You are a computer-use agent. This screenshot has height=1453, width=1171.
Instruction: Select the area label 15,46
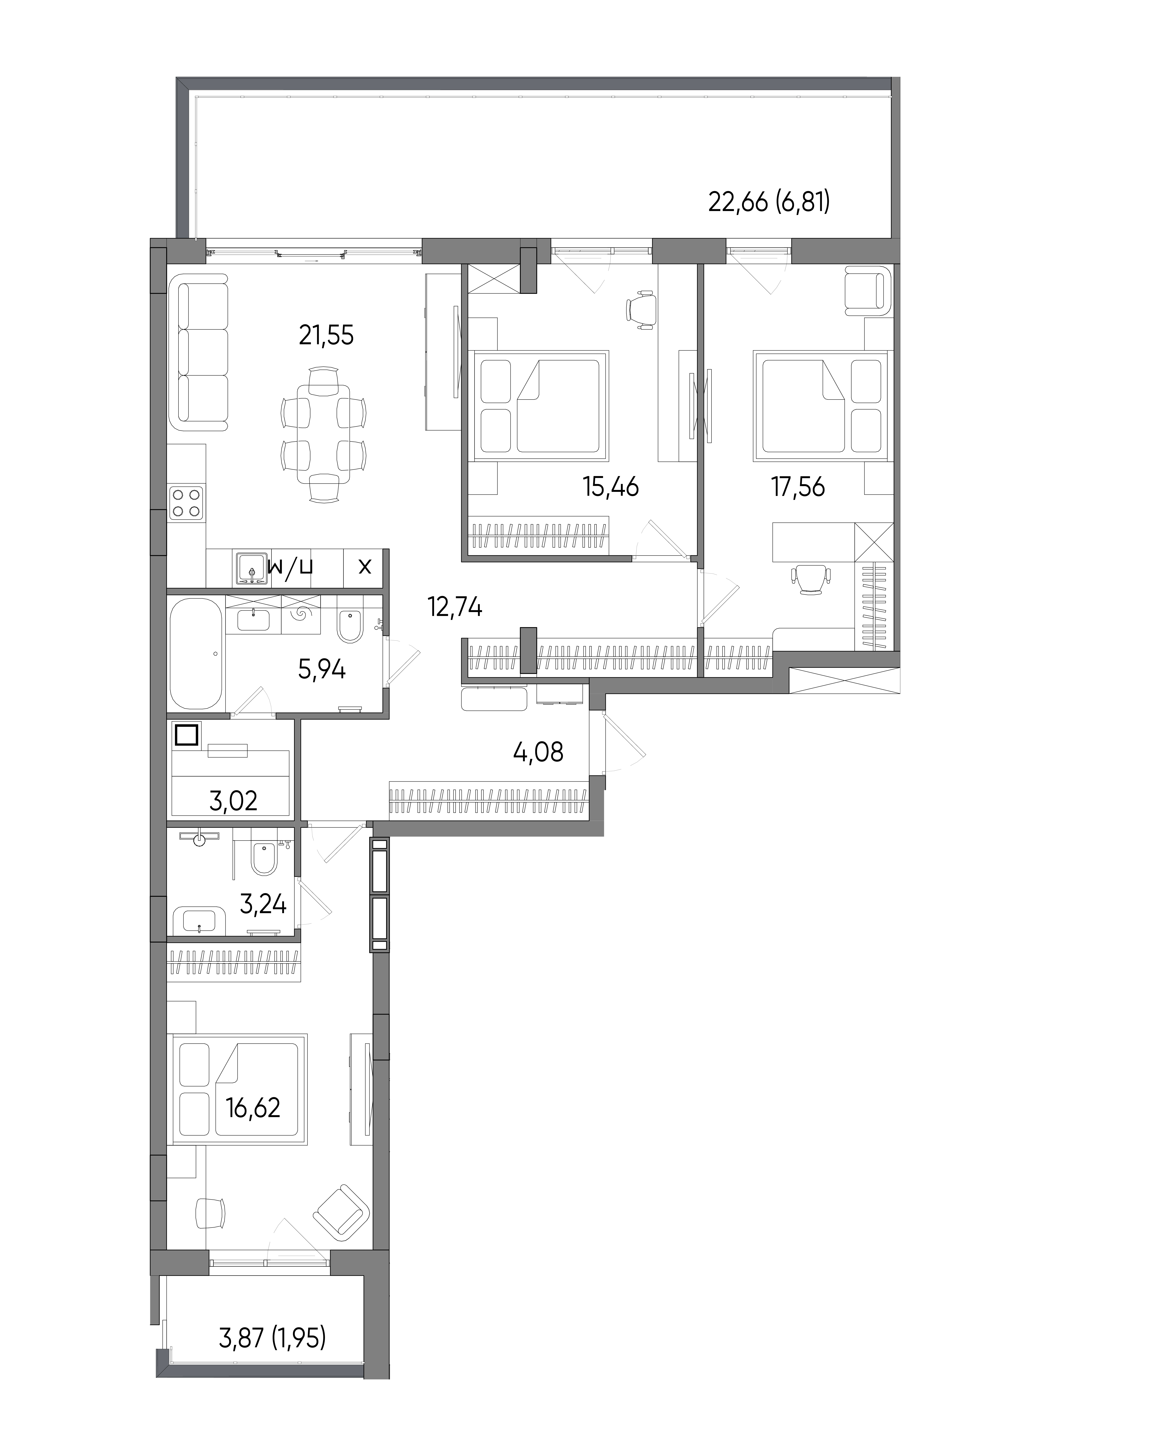610,486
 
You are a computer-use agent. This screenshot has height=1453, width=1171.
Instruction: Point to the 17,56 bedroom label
798,486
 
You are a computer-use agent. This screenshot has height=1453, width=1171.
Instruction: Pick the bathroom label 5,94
322,669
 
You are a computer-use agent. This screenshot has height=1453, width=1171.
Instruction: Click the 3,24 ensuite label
263,904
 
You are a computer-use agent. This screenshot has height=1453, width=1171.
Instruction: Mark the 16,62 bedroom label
253,1108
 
